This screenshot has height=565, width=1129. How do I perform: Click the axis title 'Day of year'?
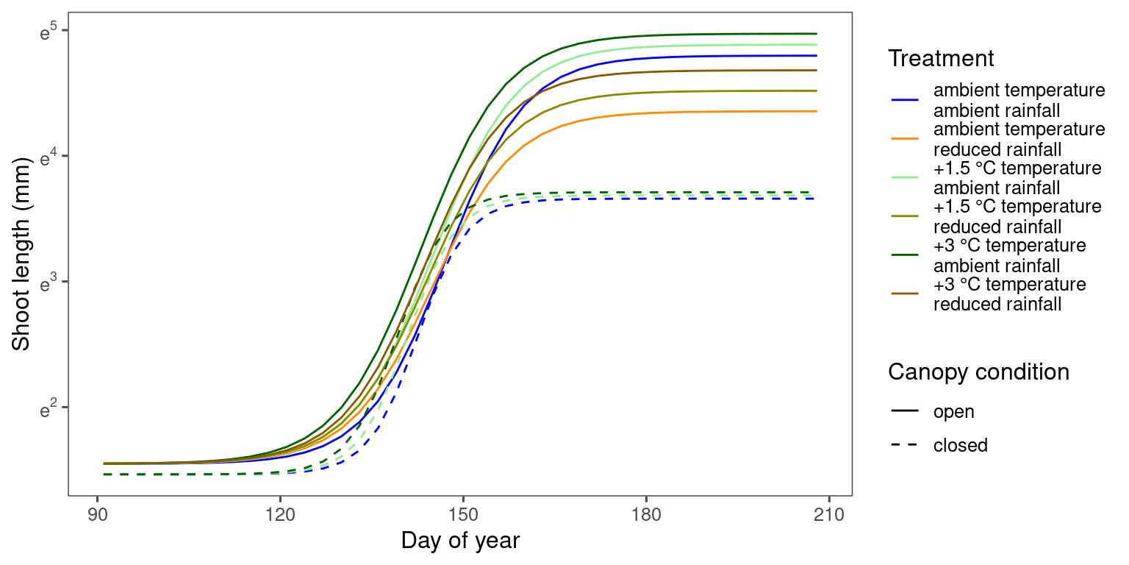click(x=460, y=541)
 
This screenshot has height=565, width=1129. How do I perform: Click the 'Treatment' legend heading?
click(x=940, y=58)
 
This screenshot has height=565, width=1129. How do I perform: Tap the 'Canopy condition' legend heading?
click(x=978, y=372)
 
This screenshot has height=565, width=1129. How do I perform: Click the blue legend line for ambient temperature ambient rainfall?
click(x=904, y=100)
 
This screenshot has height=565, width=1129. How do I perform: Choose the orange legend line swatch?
click(x=904, y=139)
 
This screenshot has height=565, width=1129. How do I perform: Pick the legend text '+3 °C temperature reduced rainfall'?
click(x=1009, y=294)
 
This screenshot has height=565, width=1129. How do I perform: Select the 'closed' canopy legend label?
click(x=960, y=445)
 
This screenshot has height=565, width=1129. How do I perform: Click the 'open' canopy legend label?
click(x=953, y=411)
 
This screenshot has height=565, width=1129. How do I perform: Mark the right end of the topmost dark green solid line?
click(x=817, y=34)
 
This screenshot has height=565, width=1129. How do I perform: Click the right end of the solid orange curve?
click(x=817, y=111)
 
